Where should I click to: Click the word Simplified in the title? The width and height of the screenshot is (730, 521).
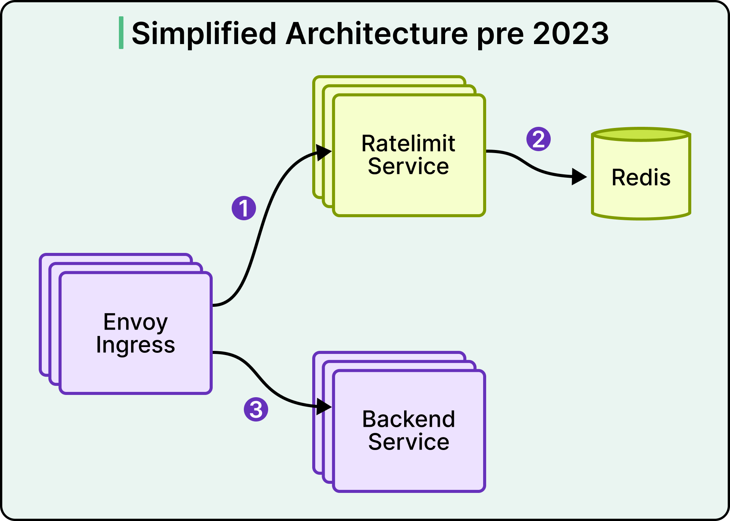coord(204,33)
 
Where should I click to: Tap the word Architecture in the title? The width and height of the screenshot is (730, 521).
coord(377,33)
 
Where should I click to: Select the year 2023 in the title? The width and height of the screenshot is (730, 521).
coord(571,33)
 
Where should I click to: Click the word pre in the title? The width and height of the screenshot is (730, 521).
coord(501,36)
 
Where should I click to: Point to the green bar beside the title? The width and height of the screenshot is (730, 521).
coord(121,33)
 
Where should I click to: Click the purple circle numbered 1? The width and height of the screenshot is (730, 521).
coord(244,208)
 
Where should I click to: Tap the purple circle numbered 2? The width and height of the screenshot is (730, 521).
coord(539,139)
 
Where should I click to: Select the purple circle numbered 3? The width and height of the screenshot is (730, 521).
coord(256,409)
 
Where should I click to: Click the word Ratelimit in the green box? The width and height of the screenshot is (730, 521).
coord(408,144)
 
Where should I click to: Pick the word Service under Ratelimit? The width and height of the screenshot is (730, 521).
coord(408,166)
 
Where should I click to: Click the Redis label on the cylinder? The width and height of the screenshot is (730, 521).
coord(641,177)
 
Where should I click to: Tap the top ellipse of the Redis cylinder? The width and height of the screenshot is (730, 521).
coord(641,134)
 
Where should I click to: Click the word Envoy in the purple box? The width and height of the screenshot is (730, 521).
coord(136,322)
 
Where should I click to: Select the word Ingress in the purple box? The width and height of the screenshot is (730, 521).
coord(136,345)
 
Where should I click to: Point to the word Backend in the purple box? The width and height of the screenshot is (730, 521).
coord(409,419)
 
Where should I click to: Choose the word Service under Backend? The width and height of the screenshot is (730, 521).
coord(409,442)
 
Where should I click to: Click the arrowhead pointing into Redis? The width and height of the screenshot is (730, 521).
coord(580,177)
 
